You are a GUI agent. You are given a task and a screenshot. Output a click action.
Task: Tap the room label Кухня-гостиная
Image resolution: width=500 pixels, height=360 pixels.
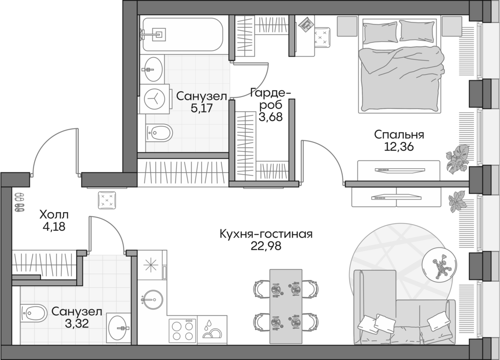click(266, 234)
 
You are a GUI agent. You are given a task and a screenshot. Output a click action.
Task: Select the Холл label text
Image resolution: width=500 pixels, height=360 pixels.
click(54, 214)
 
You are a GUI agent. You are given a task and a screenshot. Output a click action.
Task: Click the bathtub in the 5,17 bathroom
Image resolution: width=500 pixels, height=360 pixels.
click(182, 34)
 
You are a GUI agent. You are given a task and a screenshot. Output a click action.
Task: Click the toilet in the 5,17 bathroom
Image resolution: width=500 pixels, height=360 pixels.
click(158, 132)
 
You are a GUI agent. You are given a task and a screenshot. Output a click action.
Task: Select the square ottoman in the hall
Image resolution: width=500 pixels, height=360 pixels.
click(107, 200)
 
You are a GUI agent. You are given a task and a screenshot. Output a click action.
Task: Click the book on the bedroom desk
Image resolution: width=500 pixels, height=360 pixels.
click(306, 23)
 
